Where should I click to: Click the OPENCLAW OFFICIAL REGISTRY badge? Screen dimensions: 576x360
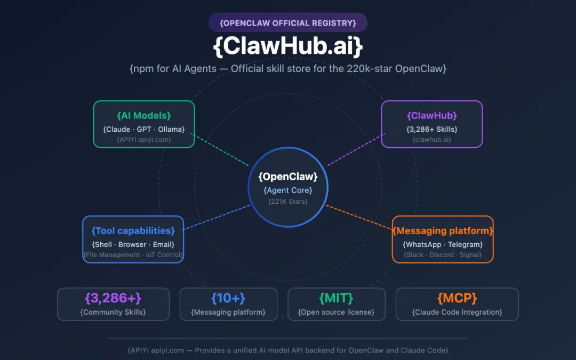pos(288,23)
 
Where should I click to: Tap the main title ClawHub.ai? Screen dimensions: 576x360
pos(288,46)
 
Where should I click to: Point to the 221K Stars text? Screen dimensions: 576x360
pos(288,201)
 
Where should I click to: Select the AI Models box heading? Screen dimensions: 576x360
pos(144,116)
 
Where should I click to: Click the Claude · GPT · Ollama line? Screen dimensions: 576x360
pos(144,129)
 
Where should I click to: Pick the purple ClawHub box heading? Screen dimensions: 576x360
pos(432,116)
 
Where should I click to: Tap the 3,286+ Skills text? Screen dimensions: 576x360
pos(432,129)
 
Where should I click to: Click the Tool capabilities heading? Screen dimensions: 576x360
pos(133,231)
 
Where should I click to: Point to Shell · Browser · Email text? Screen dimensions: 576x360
pos(133,245)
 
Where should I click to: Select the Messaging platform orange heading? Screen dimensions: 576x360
pos(443,231)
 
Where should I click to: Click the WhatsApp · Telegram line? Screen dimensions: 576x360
pos(443,245)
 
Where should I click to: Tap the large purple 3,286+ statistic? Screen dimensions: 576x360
pos(113,298)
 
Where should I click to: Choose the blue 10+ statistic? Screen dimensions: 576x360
pos(228,298)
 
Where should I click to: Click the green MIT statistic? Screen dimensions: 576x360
pos(336,298)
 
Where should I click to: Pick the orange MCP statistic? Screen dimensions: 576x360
pos(457,298)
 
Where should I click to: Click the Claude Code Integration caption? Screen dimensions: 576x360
pos(457,312)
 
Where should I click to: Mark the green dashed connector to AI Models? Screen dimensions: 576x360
pos(220,150)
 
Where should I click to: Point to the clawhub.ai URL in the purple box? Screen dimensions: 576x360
pos(432,140)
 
